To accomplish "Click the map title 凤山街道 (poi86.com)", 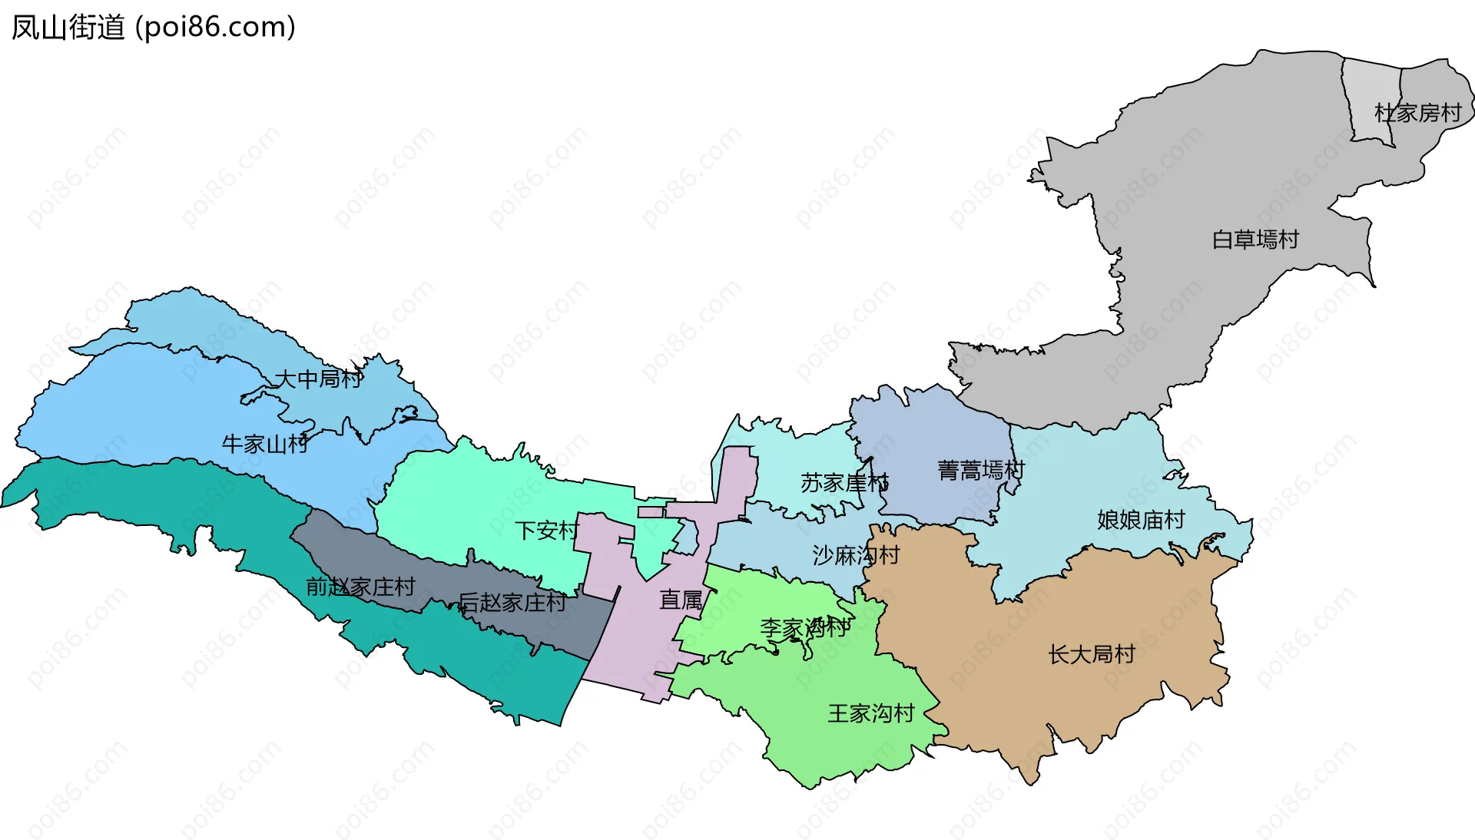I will [153, 28].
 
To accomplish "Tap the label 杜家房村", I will [1417, 113].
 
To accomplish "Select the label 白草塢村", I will [1255, 240].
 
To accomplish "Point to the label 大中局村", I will [318, 379].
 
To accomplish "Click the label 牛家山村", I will [264, 444].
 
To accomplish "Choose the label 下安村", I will [546, 530].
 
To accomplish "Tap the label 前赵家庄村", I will [360, 587].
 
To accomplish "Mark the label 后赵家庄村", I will [512, 602].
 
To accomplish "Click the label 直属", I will [681, 600].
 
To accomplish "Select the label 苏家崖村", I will [844, 483].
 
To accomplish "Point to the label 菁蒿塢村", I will [980, 470].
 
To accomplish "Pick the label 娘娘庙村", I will [1141, 520].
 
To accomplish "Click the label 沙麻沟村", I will [856, 555].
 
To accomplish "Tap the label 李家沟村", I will [804, 628].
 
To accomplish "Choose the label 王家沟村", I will [870, 713].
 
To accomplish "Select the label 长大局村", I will [1092, 654].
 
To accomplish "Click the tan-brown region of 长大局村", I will [999, 691].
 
